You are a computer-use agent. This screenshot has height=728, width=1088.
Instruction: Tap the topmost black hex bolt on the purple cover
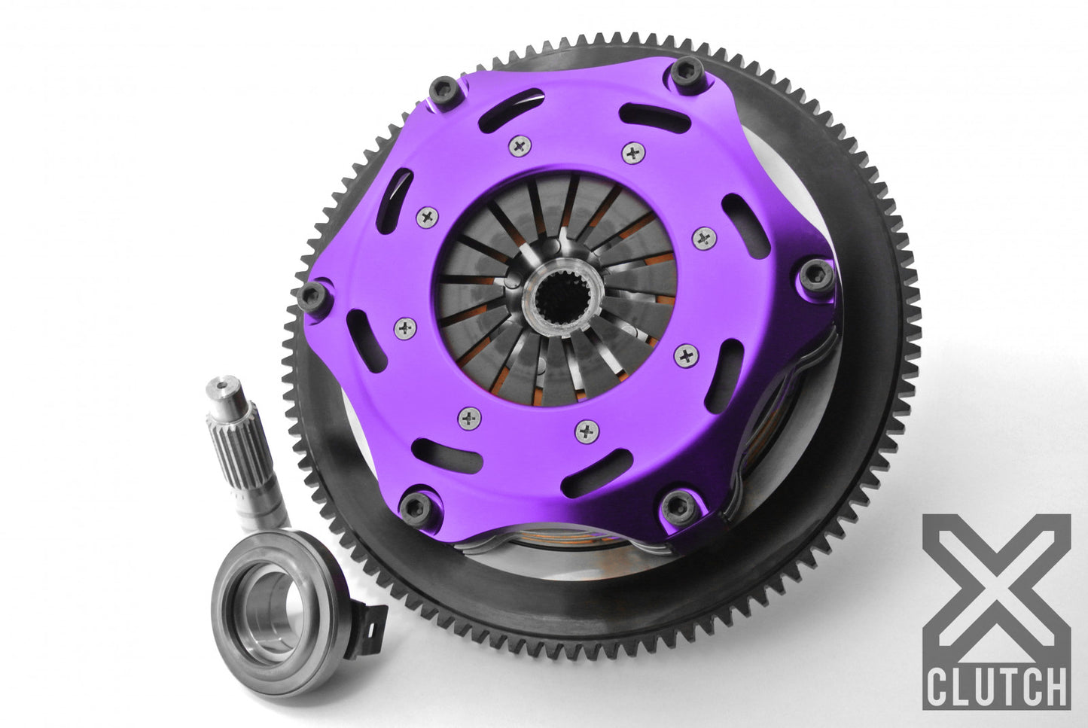[x=685, y=73]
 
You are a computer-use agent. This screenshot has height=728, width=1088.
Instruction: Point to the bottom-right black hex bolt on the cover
[x=678, y=501]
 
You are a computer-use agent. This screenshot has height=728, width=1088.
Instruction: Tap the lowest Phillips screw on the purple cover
[x=587, y=431]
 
